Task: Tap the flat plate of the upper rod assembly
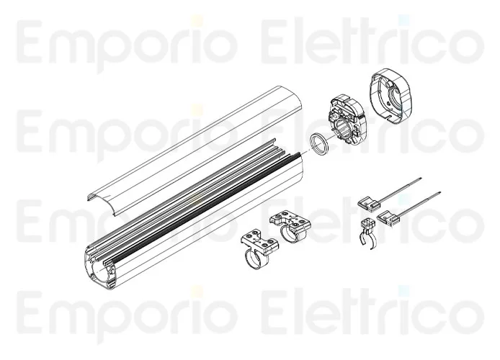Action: click(368, 204)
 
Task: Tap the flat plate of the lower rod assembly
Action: click(388, 217)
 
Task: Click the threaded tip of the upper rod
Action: click(421, 178)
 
